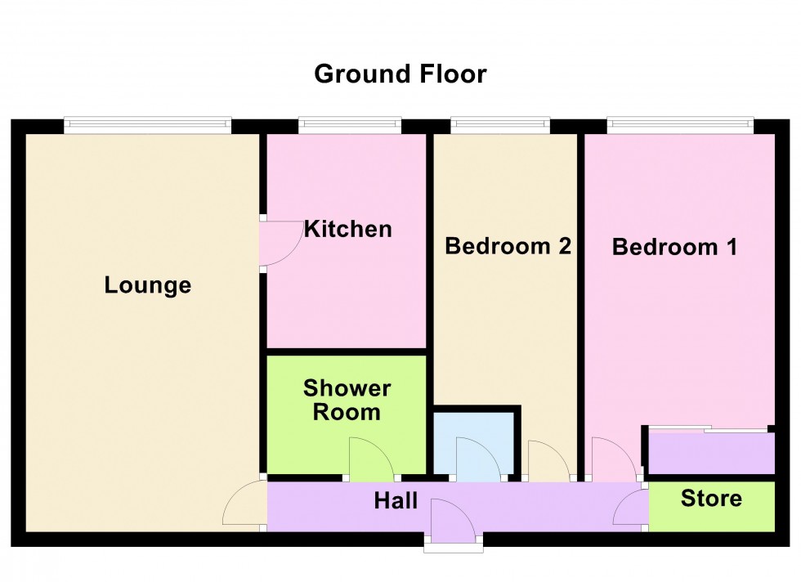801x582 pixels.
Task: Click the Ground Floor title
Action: [400, 74]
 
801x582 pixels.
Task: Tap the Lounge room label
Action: [148, 285]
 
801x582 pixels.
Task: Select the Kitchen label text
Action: [347, 229]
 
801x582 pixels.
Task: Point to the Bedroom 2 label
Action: [507, 246]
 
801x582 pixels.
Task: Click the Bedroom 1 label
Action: [674, 246]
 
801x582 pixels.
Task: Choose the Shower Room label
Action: [347, 400]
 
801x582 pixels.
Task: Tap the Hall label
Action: [396, 500]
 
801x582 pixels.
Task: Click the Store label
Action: [711, 498]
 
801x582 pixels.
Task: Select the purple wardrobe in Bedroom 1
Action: [709, 452]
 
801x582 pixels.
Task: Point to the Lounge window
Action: [147, 124]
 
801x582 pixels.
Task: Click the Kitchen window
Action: [350, 124]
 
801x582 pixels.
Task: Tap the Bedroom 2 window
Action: [500, 124]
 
